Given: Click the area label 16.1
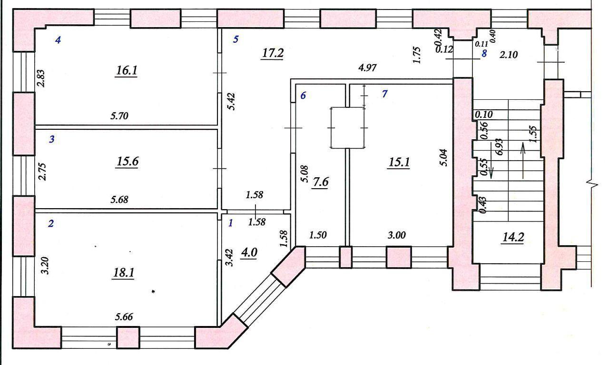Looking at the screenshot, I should tap(126, 71).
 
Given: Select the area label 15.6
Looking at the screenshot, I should tap(127, 162).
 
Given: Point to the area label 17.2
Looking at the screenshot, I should tap(272, 53).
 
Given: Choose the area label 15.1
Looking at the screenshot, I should tap(400, 162).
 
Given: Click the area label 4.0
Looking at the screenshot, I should tap(249, 252).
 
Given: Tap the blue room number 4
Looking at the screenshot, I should tap(58, 40).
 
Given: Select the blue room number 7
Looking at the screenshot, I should tap(384, 94).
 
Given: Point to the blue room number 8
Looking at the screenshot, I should tap(484, 53).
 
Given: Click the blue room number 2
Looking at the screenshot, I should tap(51, 223).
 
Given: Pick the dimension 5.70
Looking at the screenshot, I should tap(120, 115).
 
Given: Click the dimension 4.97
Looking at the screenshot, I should tap(367, 67).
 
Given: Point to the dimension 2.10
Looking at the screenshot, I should tap(508, 55).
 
